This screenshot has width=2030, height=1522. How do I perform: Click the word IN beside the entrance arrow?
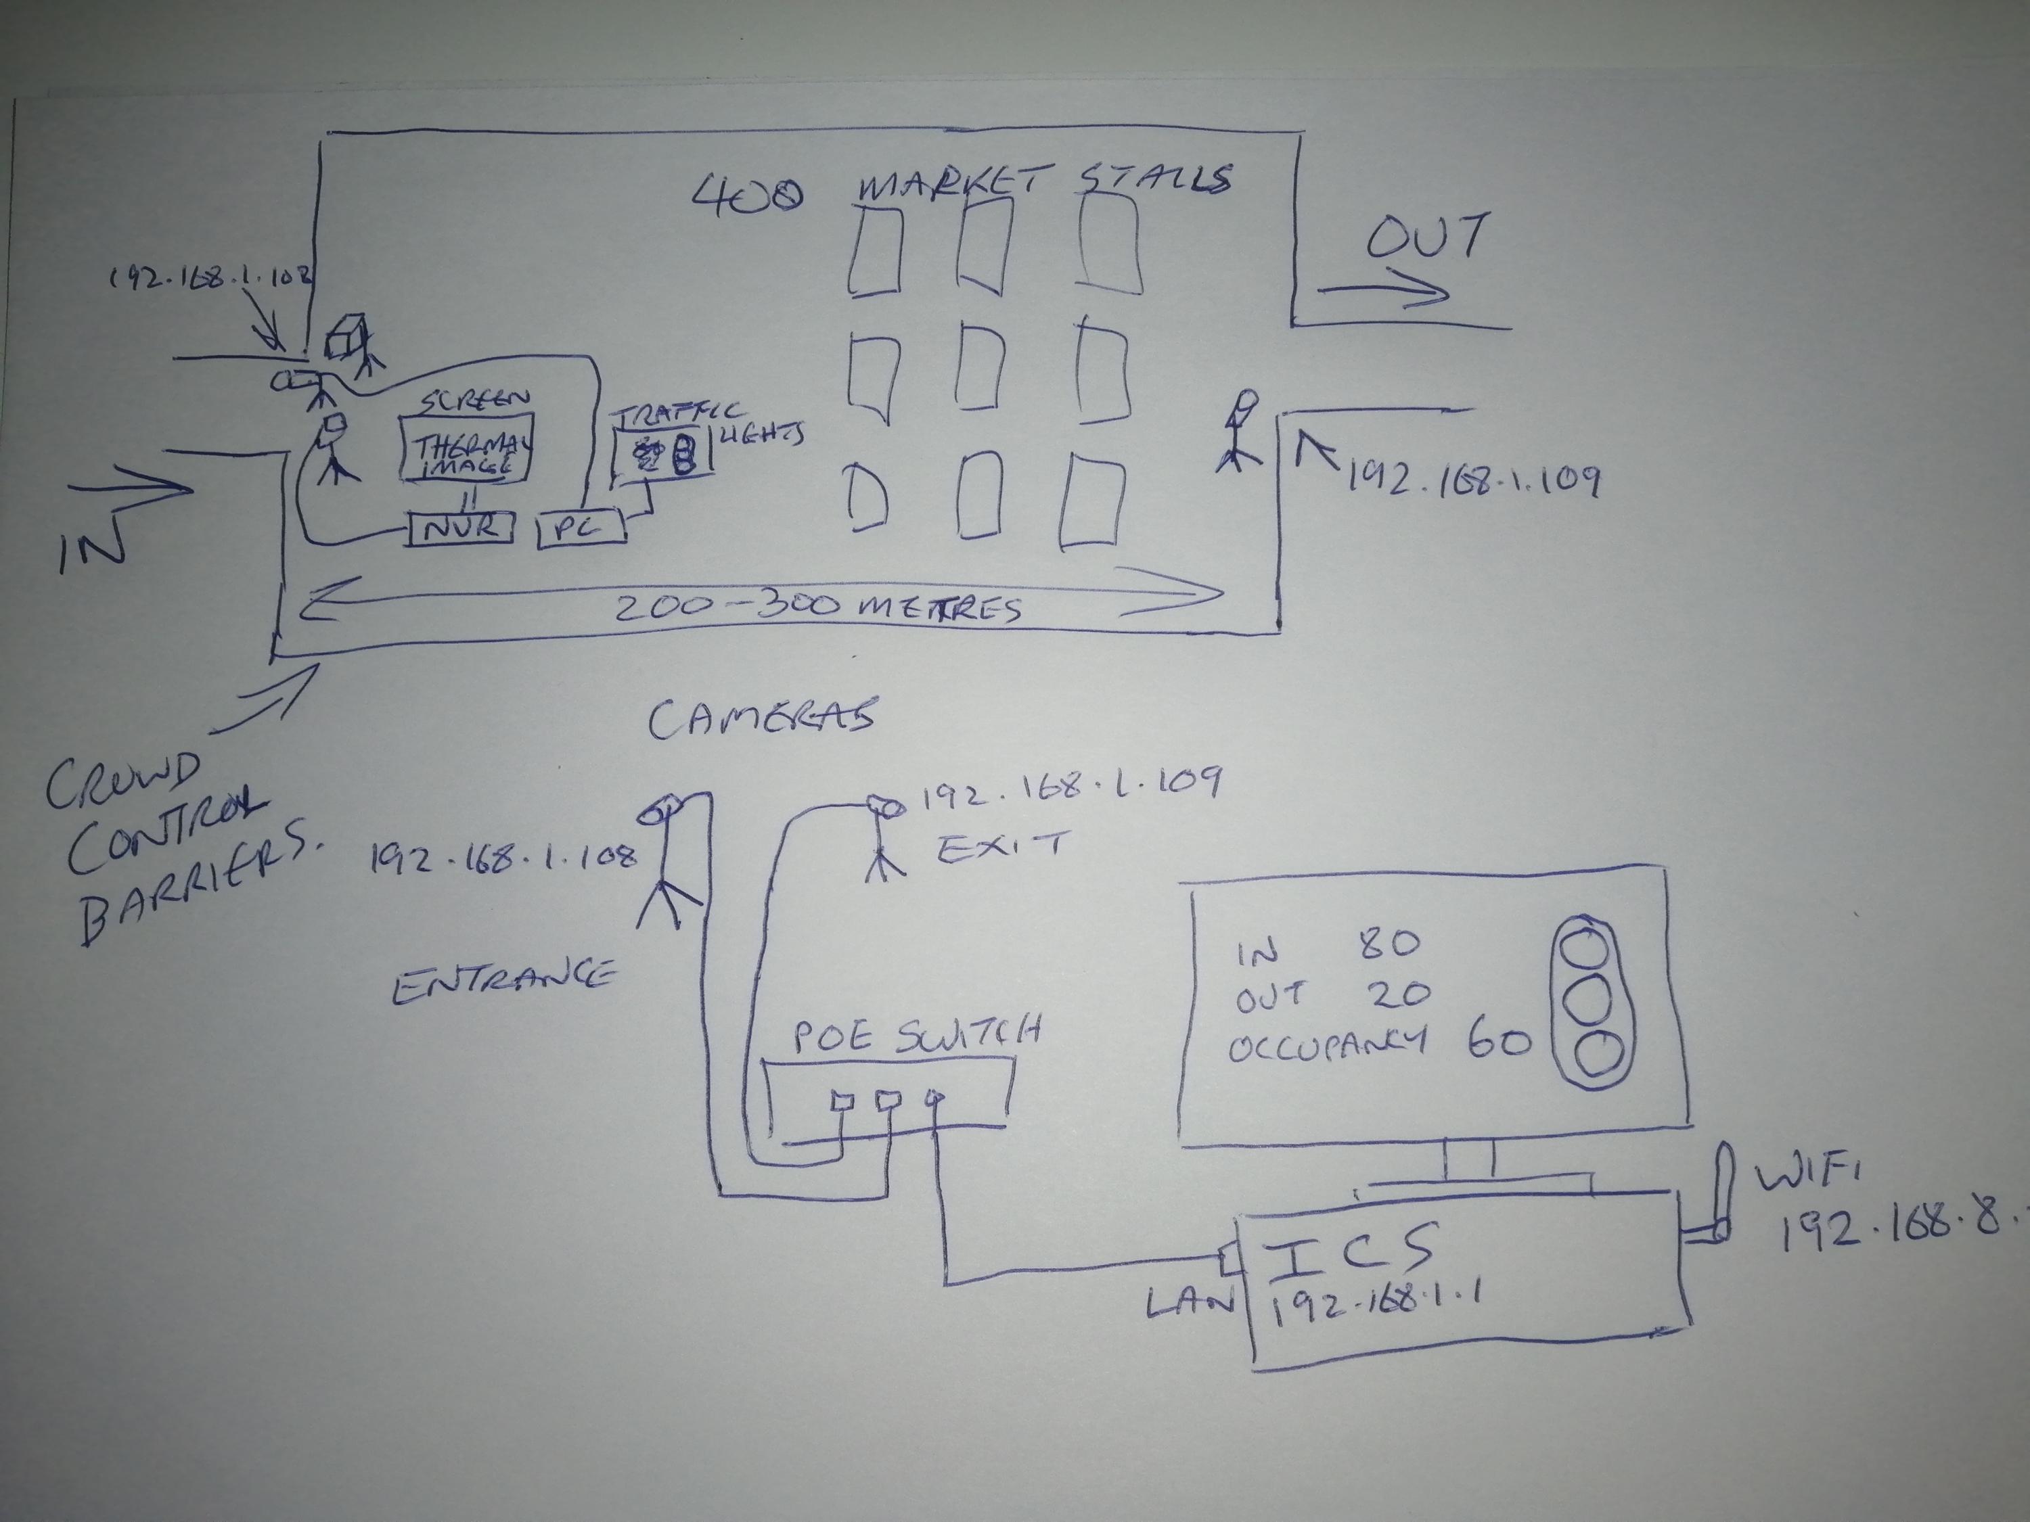[x=92, y=549]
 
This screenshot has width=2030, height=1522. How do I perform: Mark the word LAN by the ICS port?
[x=1190, y=1303]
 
